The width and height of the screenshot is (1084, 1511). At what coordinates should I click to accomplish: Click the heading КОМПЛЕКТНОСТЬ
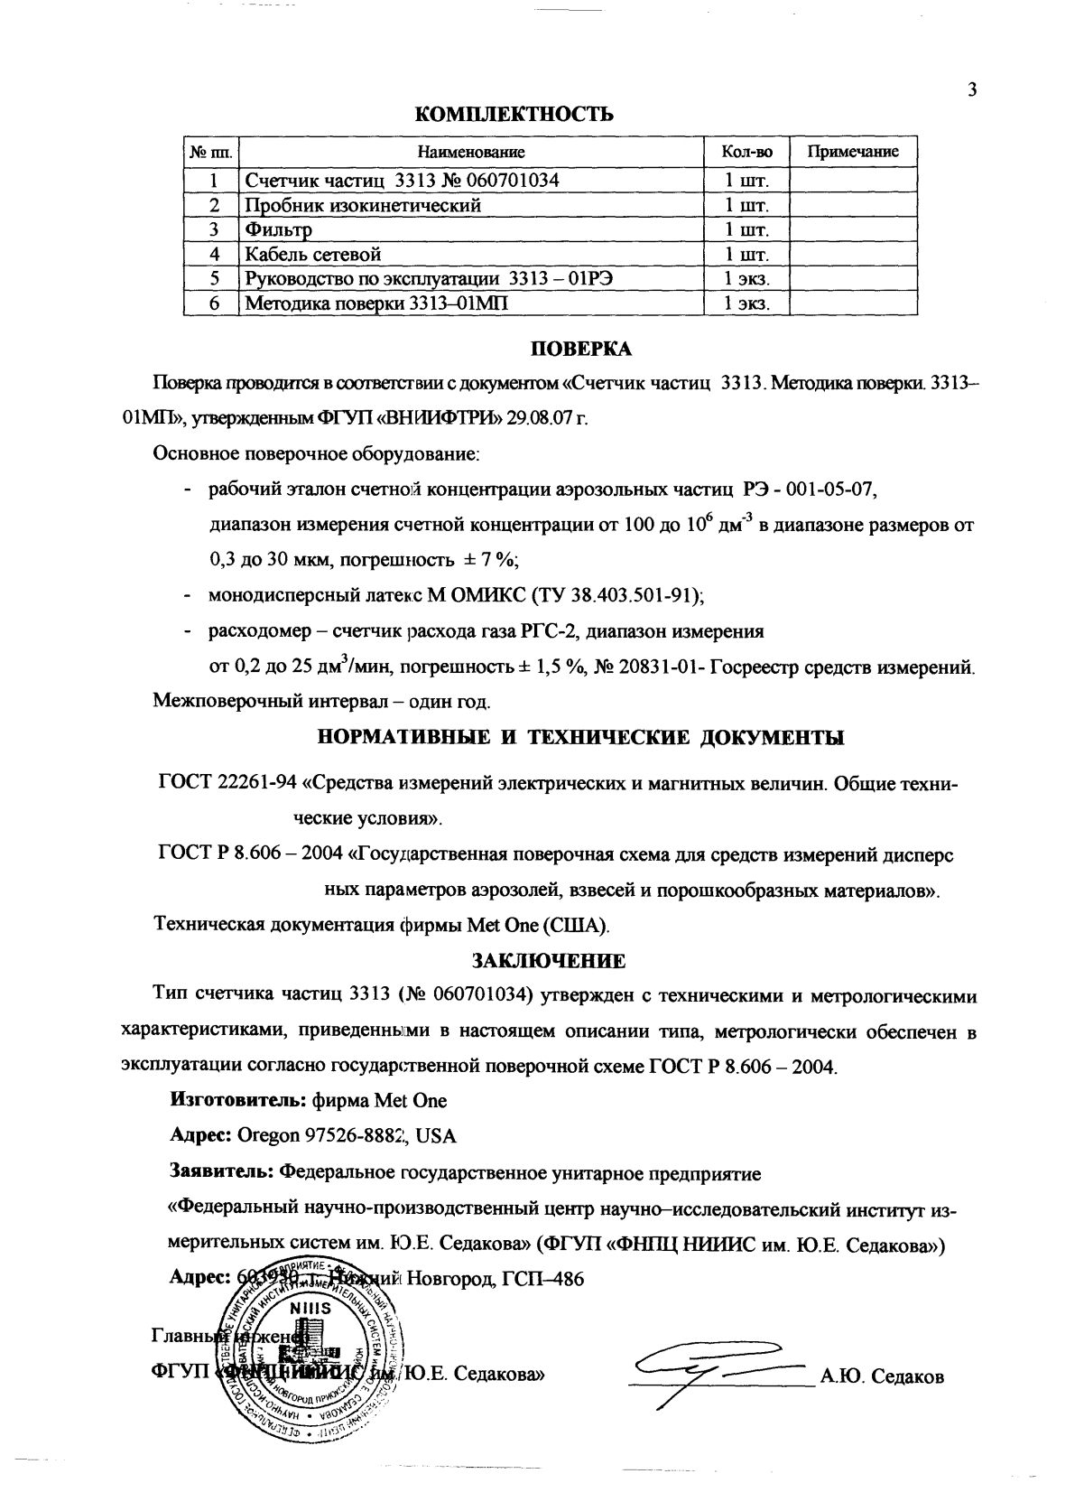514,114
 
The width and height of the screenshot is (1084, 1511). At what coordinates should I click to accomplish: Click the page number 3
972,89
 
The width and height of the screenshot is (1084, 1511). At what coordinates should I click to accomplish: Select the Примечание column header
852,152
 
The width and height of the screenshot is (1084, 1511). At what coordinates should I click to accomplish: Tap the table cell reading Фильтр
279,229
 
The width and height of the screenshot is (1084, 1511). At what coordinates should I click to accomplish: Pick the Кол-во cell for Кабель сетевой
746,254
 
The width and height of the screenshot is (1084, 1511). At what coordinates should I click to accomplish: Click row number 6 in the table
215,303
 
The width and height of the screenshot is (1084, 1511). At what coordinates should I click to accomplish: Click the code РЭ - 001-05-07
810,490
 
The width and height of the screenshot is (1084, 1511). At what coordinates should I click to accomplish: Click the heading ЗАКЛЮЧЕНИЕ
549,958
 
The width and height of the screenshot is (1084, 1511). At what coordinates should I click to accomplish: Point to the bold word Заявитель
222,1173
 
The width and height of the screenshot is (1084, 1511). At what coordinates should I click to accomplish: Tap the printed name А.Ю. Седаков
881,1377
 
